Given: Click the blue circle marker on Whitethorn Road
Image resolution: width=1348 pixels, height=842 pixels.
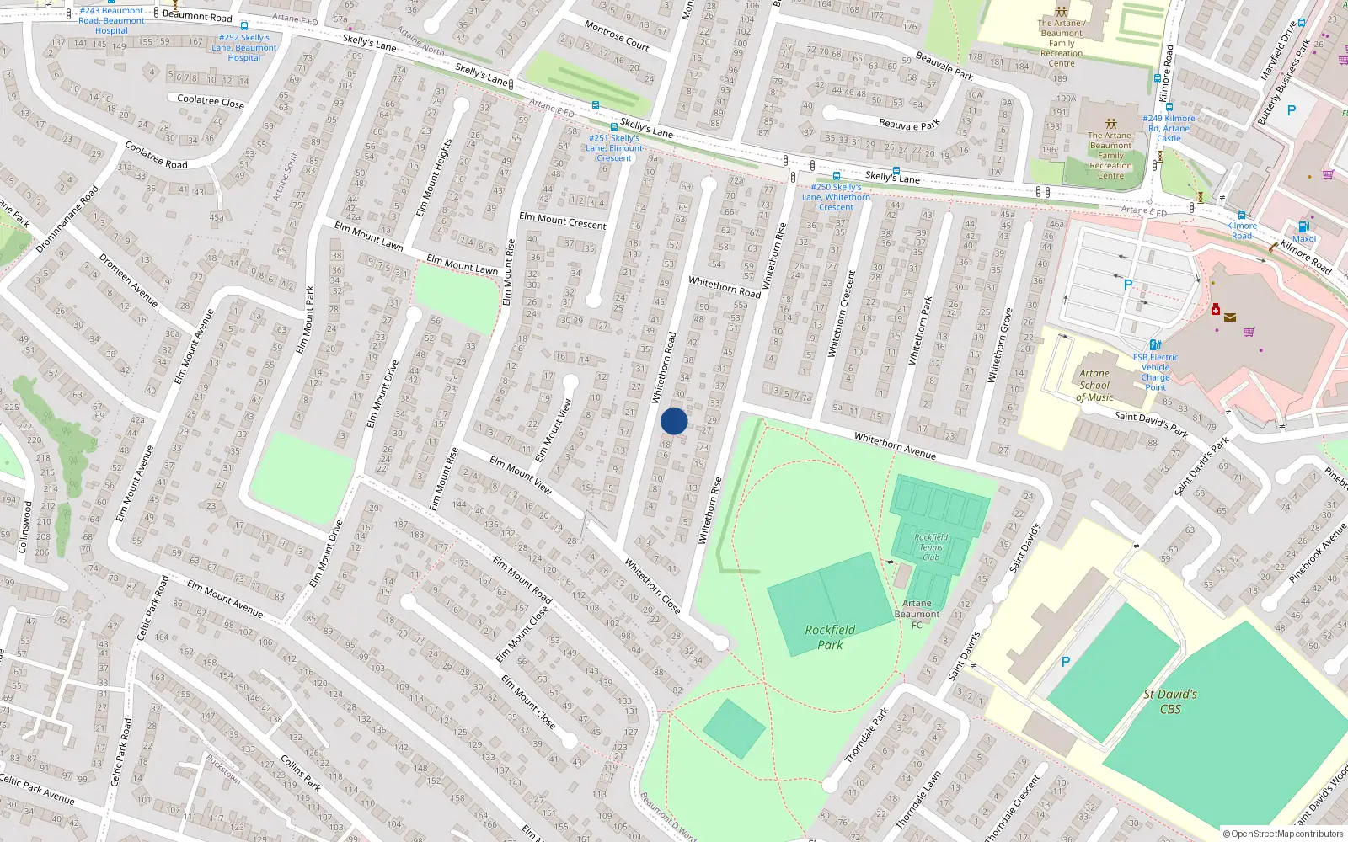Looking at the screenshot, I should (x=674, y=421).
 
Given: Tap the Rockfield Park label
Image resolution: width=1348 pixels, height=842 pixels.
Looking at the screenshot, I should (x=830, y=637).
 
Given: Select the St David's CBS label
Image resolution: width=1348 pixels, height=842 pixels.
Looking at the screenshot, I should (x=1170, y=701).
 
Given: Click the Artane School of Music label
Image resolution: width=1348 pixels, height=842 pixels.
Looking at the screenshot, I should (x=1094, y=386).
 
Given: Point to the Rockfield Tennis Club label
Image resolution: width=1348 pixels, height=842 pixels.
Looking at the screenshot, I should (x=931, y=547).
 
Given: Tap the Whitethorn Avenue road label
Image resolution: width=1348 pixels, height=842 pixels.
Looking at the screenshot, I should (x=895, y=446).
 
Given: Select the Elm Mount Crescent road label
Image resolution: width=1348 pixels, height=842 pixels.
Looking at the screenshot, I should (x=563, y=221).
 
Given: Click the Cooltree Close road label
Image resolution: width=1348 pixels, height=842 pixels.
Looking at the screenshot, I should (x=211, y=101).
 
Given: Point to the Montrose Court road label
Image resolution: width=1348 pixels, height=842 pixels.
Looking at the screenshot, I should (x=617, y=35).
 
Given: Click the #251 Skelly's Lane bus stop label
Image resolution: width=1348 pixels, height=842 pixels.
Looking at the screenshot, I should (x=614, y=148).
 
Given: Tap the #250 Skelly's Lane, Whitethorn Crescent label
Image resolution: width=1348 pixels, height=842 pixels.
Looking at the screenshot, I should (x=836, y=197).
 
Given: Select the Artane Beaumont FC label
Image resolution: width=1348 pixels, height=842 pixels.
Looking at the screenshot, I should (x=917, y=614).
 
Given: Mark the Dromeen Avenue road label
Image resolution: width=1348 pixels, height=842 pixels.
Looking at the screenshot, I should (x=129, y=280).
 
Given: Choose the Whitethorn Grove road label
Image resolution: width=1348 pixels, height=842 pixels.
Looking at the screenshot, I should (x=999, y=346).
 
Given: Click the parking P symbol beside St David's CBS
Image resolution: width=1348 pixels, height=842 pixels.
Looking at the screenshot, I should (x=1065, y=663).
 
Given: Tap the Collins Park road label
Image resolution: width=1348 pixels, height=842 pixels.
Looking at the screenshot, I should (x=301, y=773).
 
